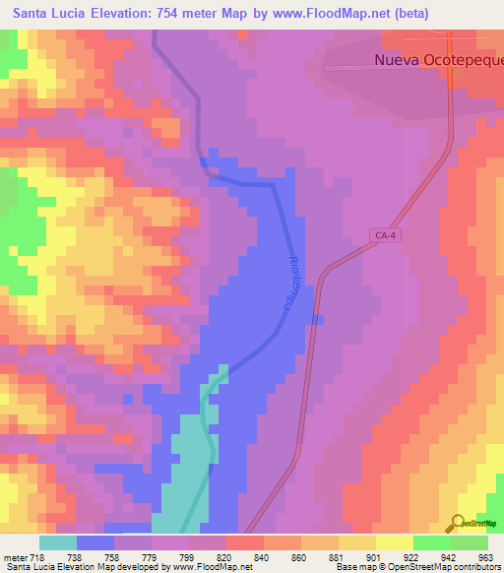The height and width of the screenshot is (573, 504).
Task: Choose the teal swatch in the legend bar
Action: tap(58, 542)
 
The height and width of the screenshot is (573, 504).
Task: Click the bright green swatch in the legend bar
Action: tap(431, 542)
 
